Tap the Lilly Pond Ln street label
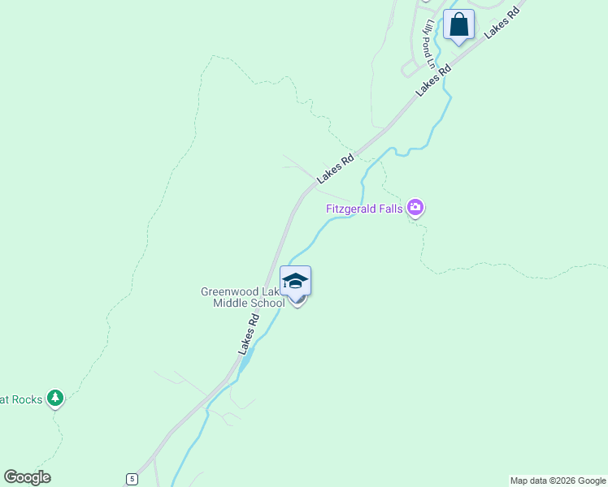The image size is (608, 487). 428,44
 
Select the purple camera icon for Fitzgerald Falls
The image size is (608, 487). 416,209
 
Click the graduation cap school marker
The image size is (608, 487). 295,282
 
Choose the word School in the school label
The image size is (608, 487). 267,304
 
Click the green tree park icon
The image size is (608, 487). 55,398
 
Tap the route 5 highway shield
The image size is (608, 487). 132,479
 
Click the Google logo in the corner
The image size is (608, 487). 27,477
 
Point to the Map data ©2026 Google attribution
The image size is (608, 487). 558,481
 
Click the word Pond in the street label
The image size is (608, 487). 427,41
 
